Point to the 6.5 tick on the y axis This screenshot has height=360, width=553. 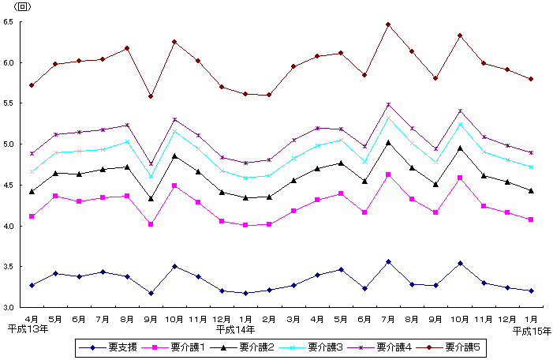click(x=9, y=22)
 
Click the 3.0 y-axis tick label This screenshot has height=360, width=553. click(x=9, y=307)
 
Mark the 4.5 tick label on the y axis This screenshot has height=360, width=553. click(x=9, y=185)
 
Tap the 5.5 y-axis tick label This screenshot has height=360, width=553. click(x=9, y=103)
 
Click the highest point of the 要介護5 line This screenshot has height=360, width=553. click(x=388, y=24)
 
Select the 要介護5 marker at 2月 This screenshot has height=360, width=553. click(x=269, y=95)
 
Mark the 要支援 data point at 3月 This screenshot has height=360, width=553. click(x=293, y=285)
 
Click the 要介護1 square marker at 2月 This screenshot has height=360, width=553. click(x=269, y=224)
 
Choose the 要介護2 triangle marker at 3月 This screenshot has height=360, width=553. click(x=293, y=180)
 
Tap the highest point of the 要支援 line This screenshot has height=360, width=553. click(x=388, y=261)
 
